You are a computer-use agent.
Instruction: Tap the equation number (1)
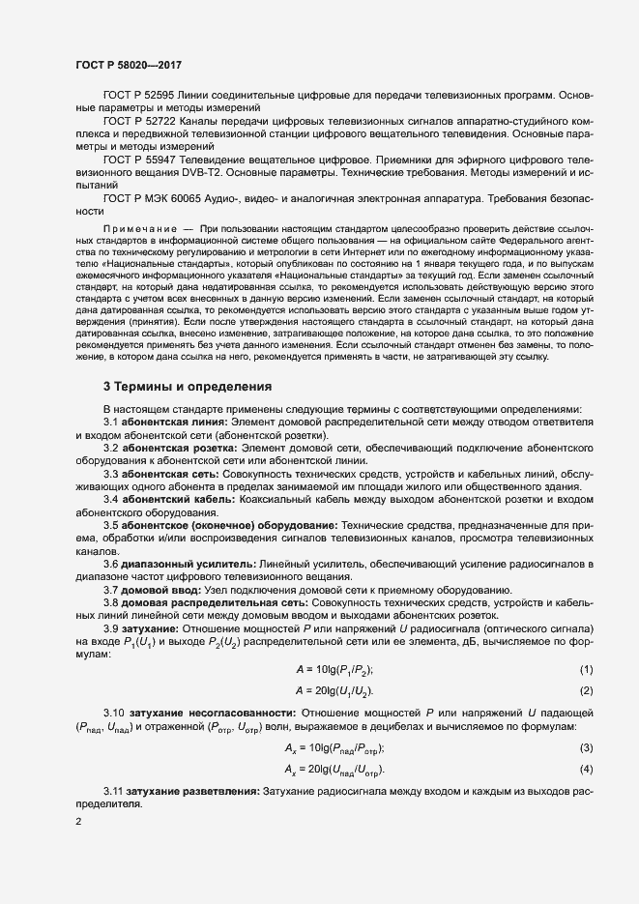click(585, 670)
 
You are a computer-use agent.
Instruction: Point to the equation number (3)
click(585, 748)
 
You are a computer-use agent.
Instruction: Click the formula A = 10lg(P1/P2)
click(334, 670)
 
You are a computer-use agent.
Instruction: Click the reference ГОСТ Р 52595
click(138, 97)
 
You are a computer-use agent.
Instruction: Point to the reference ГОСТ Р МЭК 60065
click(152, 197)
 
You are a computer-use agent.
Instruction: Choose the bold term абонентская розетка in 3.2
click(174, 449)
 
